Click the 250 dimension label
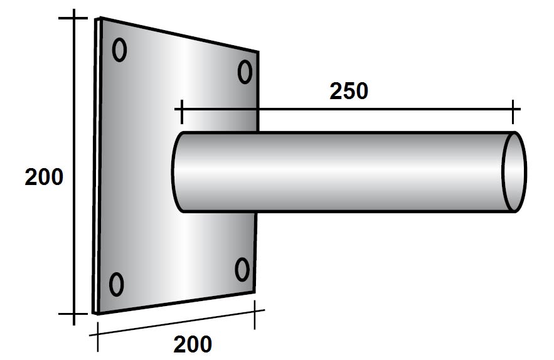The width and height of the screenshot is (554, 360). click(x=348, y=92)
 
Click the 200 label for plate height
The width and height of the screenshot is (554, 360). click(x=44, y=177)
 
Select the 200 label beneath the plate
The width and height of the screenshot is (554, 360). click(x=193, y=344)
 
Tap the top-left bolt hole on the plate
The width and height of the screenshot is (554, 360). click(x=120, y=50)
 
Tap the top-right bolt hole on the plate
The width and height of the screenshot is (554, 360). click(x=245, y=72)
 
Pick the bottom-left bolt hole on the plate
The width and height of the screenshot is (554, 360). click(x=116, y=284)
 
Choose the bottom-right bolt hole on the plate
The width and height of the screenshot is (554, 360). click(x=242, y=270)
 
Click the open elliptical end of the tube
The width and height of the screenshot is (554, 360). click(x=514, y=172)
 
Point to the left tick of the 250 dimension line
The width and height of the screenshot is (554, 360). click(x=181, y=111)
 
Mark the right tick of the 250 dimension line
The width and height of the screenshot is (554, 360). click(x=514, y=111)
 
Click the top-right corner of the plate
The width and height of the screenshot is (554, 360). click(x=258, y=51)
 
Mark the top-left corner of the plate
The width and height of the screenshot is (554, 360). click(x=98, y=19)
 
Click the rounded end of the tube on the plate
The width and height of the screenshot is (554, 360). click(x=175, y=172)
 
